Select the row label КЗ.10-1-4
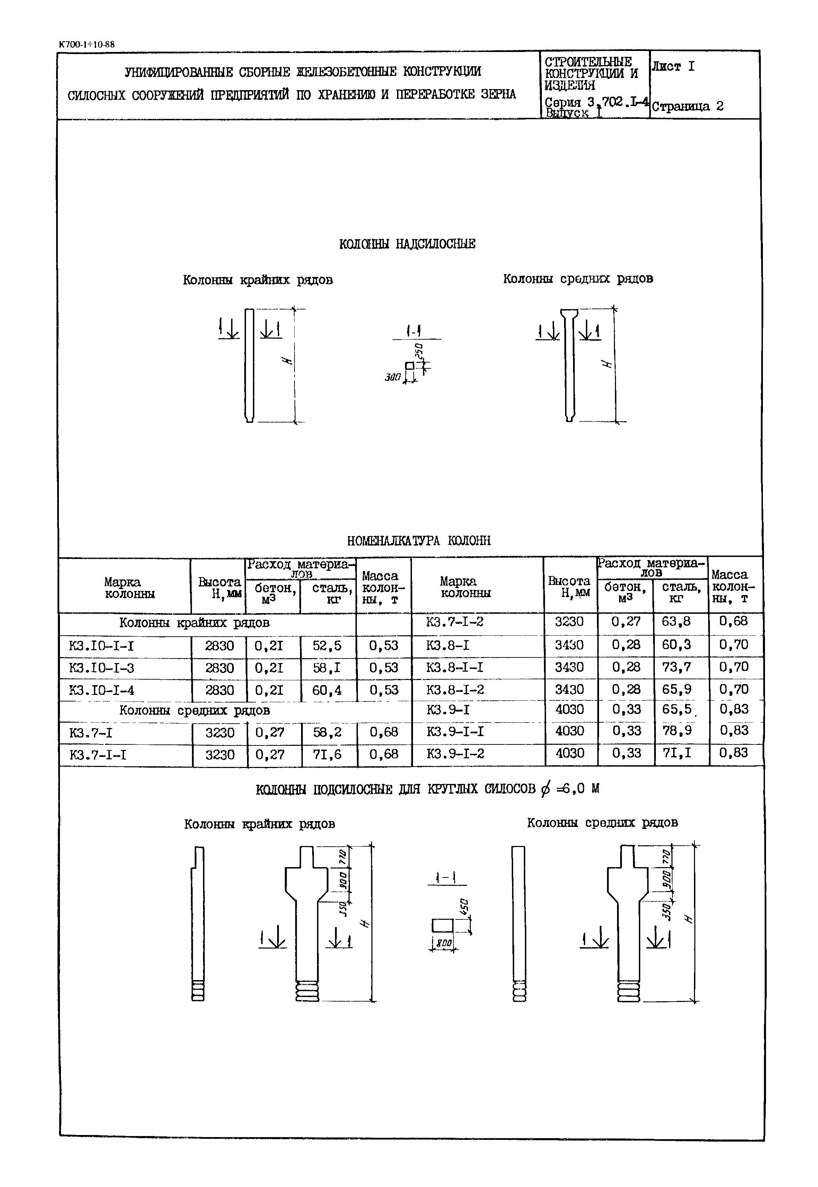pyautogui.click(x=102, y=690)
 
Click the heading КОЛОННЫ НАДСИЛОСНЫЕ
pyautogui.click(x=407, y=244)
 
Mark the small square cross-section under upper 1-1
pyautogui.click(x=410, y=366)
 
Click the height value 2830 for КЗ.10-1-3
pyautogui.click(x=219, y=667)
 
